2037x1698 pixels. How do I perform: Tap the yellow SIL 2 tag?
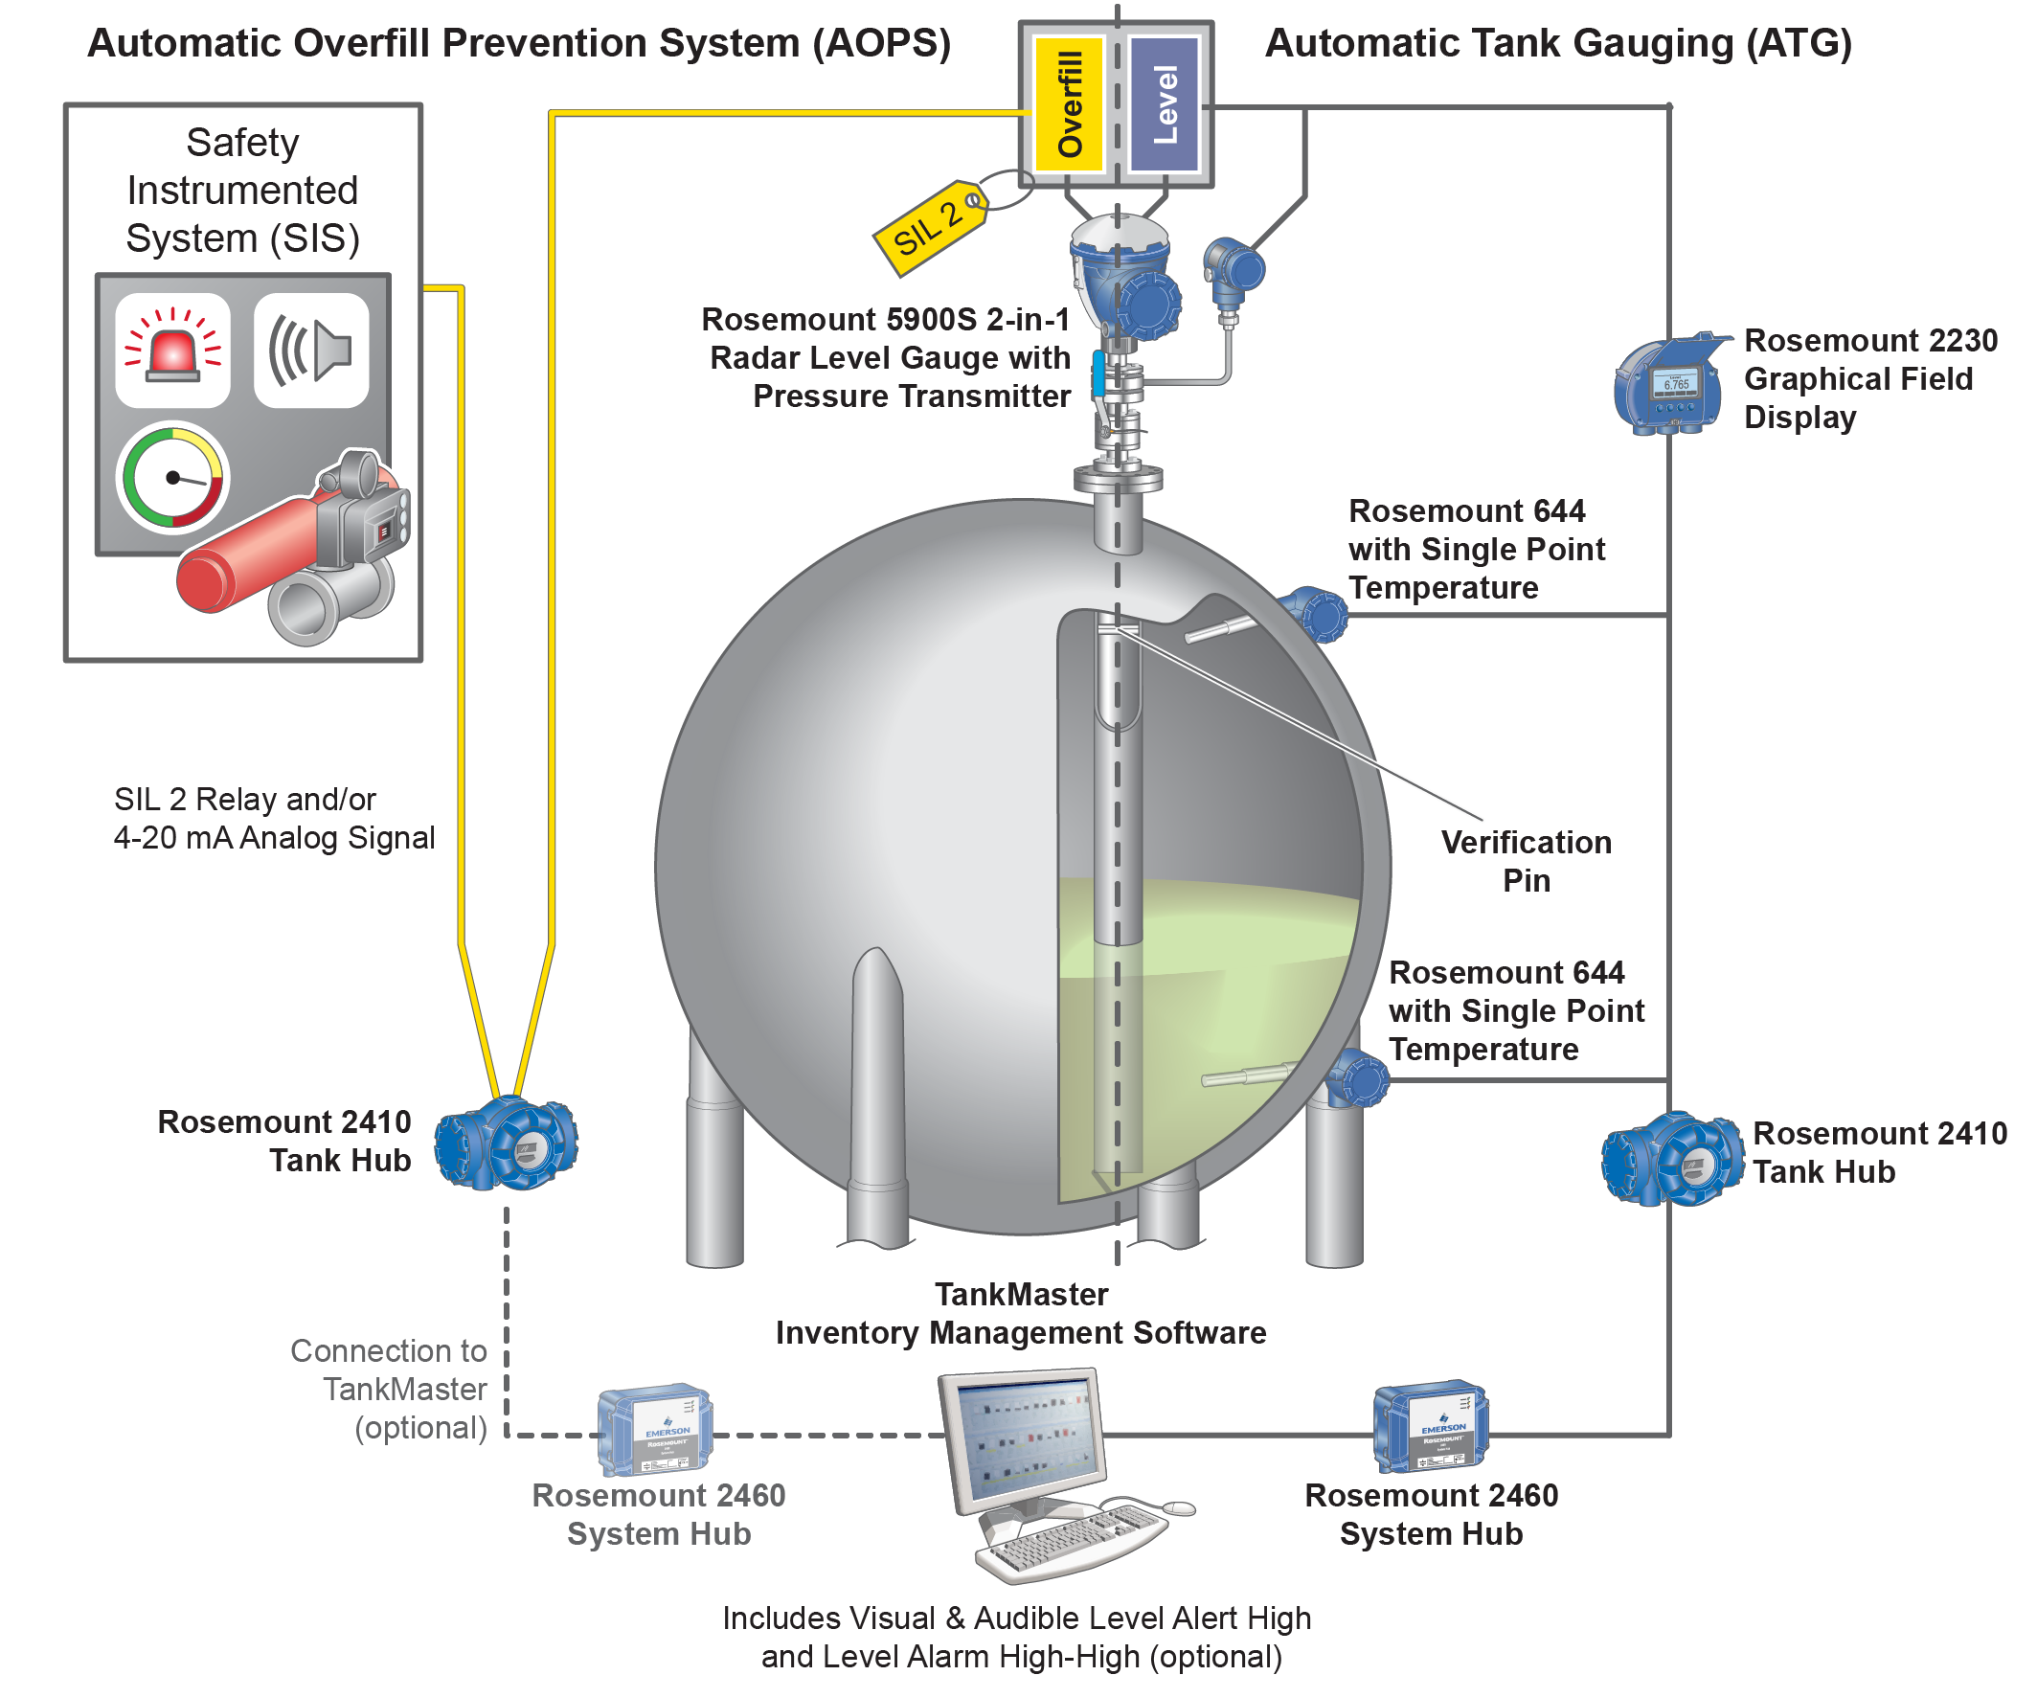(929, 229)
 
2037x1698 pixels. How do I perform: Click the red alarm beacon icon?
(172, 351)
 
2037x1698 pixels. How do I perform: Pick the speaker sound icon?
(311, 351)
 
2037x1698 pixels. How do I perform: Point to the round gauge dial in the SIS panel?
(172, 477)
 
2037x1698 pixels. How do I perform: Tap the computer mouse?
(1178, 1507)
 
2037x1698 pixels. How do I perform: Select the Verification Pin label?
(1526, 861)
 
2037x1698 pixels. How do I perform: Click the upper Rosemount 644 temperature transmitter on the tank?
(1315, 614)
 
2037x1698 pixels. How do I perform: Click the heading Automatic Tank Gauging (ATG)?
(1559, 44)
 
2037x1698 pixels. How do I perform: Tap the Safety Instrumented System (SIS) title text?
(242, 191)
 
